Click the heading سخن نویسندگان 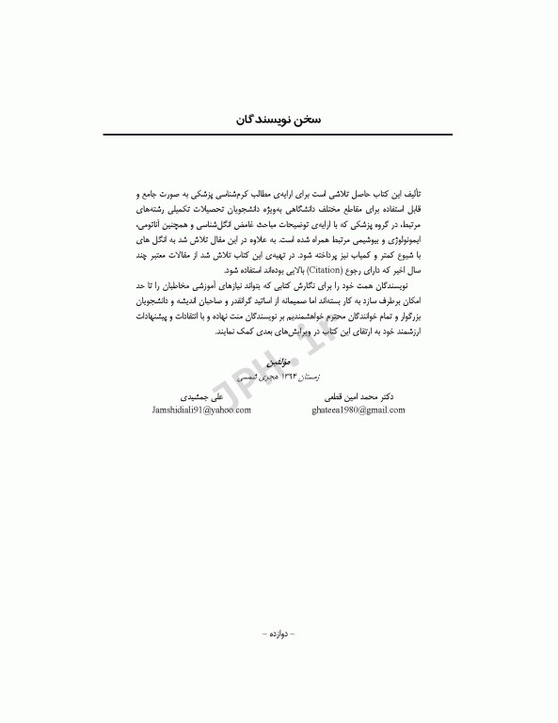279,120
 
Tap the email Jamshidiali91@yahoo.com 201,410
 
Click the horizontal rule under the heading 279,137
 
